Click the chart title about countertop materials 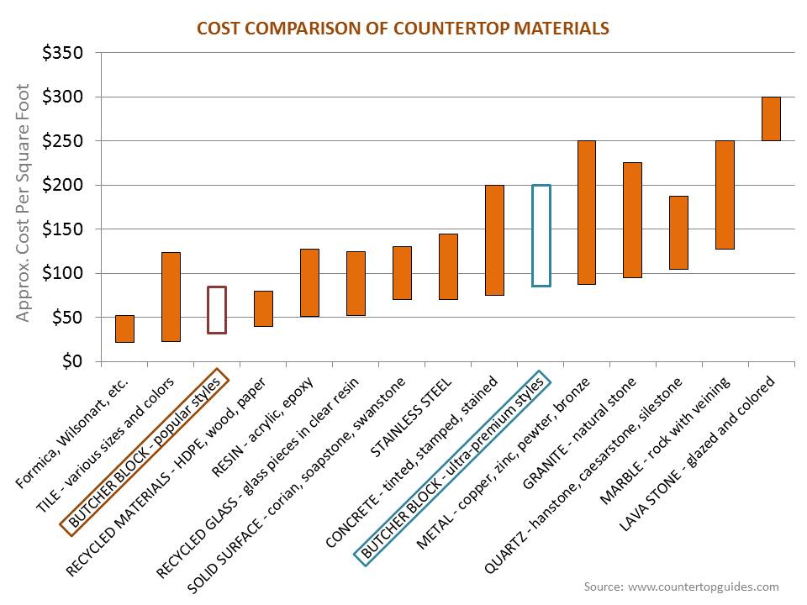pyautogui.click(x=403, y=29)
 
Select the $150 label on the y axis pyautogui.click(x=63, y=229)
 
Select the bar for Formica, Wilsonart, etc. pyautogui.click(x=124, y=329)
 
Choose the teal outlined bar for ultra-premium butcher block pyautogui.click(x=541, y=235)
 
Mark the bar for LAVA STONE pyautogui.click(x=771, y=118)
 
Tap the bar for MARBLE pyautogui.click(x=725, y=195)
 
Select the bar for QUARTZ pyautogui.click(x=678, y=232)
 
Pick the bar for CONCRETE pyautogui.click(x=494, y=240)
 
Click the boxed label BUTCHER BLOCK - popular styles pyautogui.click(x=145, y=451)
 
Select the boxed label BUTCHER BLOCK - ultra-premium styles pyautogui.click(x=454, y=467)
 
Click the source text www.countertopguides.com pyautogui.click(x=681, y=587)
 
